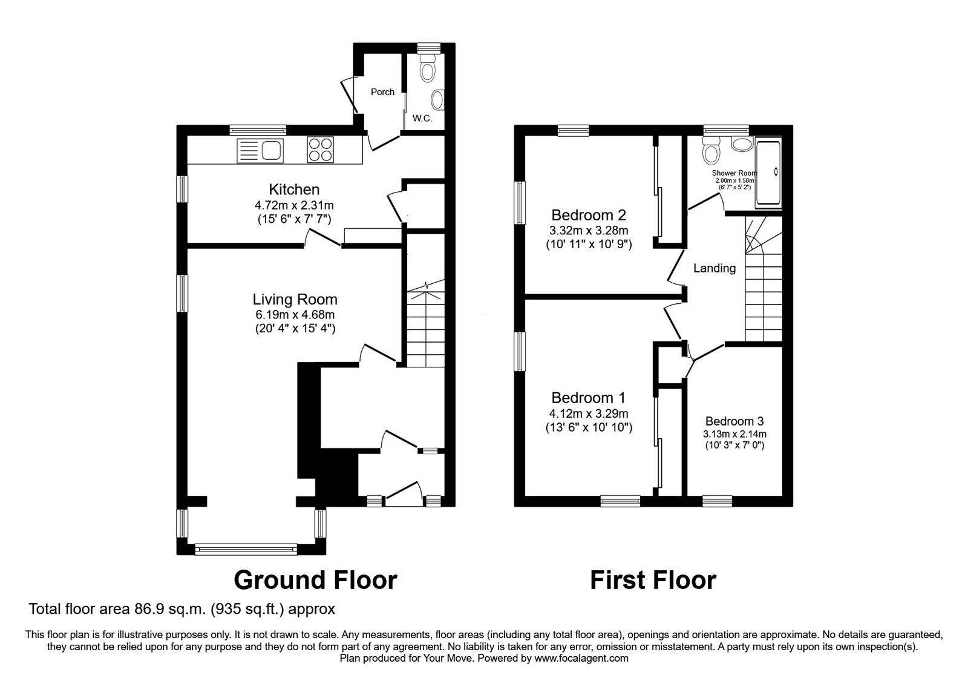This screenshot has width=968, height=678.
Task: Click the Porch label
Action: click(x=382, y=92)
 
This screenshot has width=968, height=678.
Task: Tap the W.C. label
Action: click(x=422, y=119)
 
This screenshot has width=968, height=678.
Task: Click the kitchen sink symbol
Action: click(x=261, y=150)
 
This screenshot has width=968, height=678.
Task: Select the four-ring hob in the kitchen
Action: click(x=321, y=150)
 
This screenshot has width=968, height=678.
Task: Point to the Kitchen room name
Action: click(x=294, y=189)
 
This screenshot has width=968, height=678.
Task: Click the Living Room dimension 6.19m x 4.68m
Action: click(x=295, y=315)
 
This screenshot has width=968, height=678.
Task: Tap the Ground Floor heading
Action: click(x=315, y=580)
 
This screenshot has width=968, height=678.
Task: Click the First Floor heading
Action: click(x=653, y=580)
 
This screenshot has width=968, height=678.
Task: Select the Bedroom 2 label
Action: click(x=580, y=215)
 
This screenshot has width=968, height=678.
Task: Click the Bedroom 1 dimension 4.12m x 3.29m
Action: click(x=589, y=414)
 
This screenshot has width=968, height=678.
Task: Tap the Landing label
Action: click(x=715, y=268)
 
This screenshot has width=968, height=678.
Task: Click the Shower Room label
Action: click(x=734, y=173)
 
